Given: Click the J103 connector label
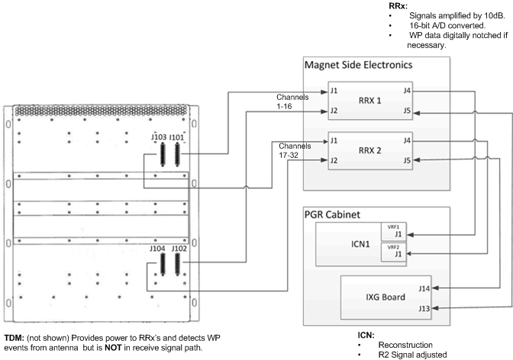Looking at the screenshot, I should point(159,137).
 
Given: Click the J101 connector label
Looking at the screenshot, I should point(177,137).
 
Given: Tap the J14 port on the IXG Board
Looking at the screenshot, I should point(424,288).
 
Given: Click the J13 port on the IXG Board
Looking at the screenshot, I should point(424,307).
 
